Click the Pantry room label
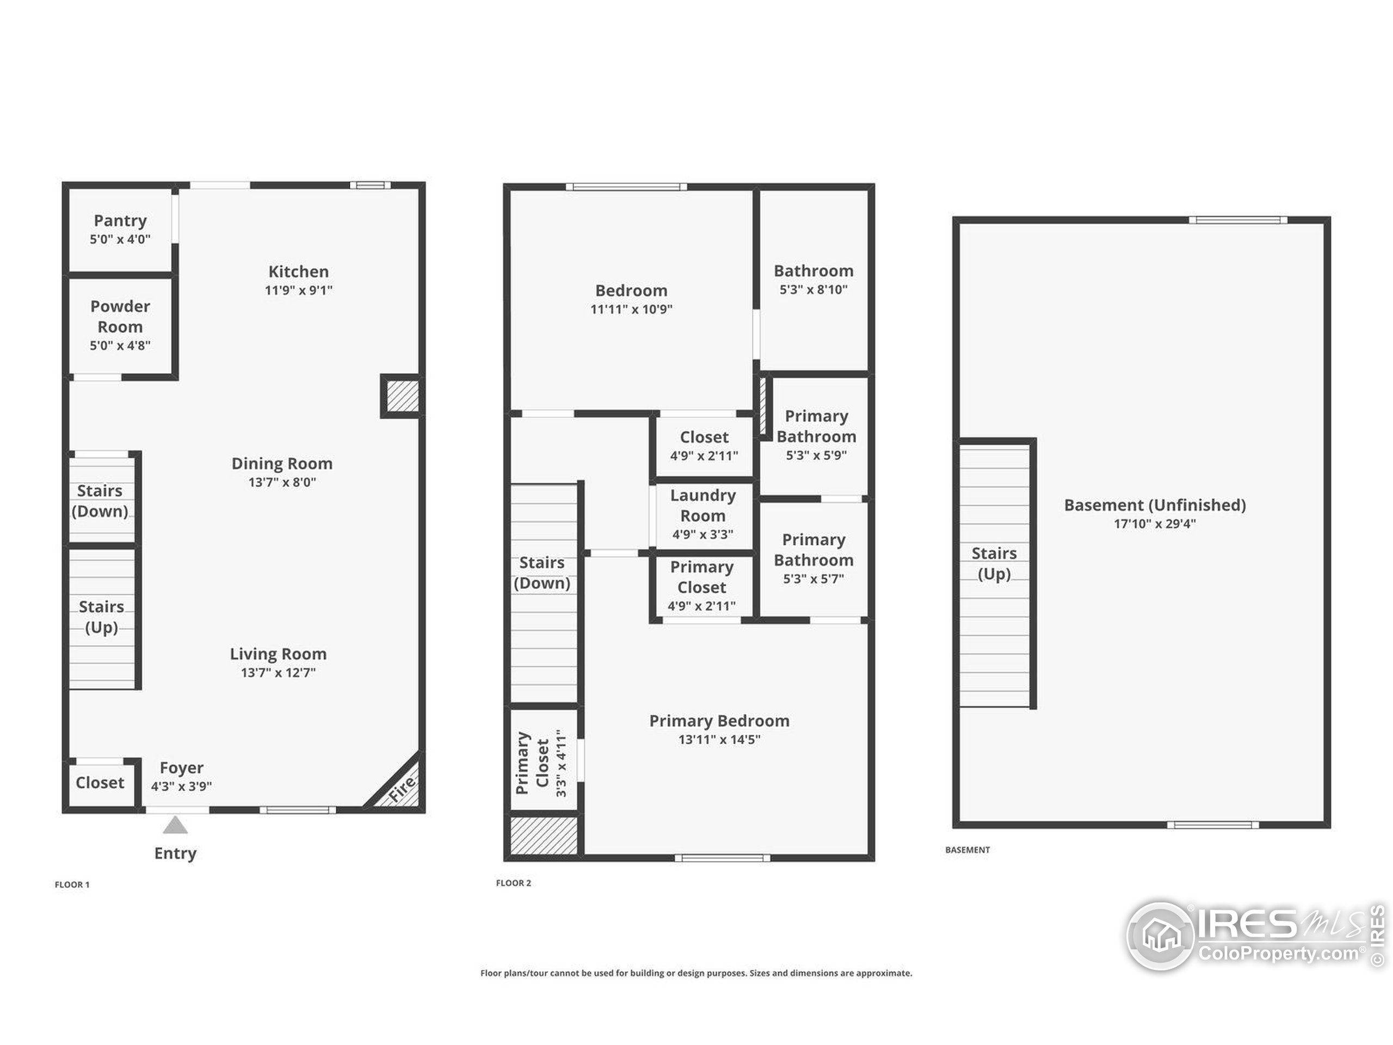(120, 221)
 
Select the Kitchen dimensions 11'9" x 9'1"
(299, 291)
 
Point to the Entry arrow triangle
(175, 825)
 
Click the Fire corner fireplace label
(402, 789)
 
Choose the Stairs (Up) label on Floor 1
(101, 617)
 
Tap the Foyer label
(181, 768)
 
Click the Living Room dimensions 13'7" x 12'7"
(279, 673)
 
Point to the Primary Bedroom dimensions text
(719, 740)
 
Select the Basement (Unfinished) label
(1155, 505)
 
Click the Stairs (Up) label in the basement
(994, 564)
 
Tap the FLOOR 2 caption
(513, 883)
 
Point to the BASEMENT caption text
(967, 850)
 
